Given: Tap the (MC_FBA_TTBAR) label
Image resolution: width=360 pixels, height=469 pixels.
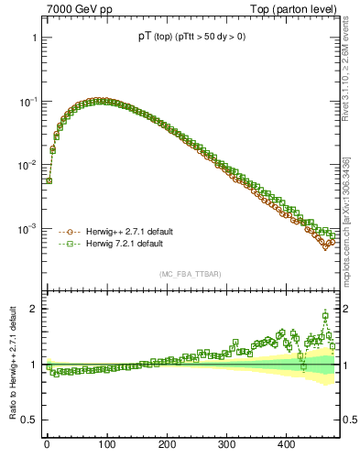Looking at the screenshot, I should (x=191, y=274).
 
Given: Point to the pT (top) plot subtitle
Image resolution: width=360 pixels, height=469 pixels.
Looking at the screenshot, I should (x=191, y=37).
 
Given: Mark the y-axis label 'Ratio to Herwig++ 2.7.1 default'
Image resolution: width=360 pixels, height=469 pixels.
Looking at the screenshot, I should (x=11, y=365).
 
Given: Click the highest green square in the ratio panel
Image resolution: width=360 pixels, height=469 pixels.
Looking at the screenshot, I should (x=325, y=315).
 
